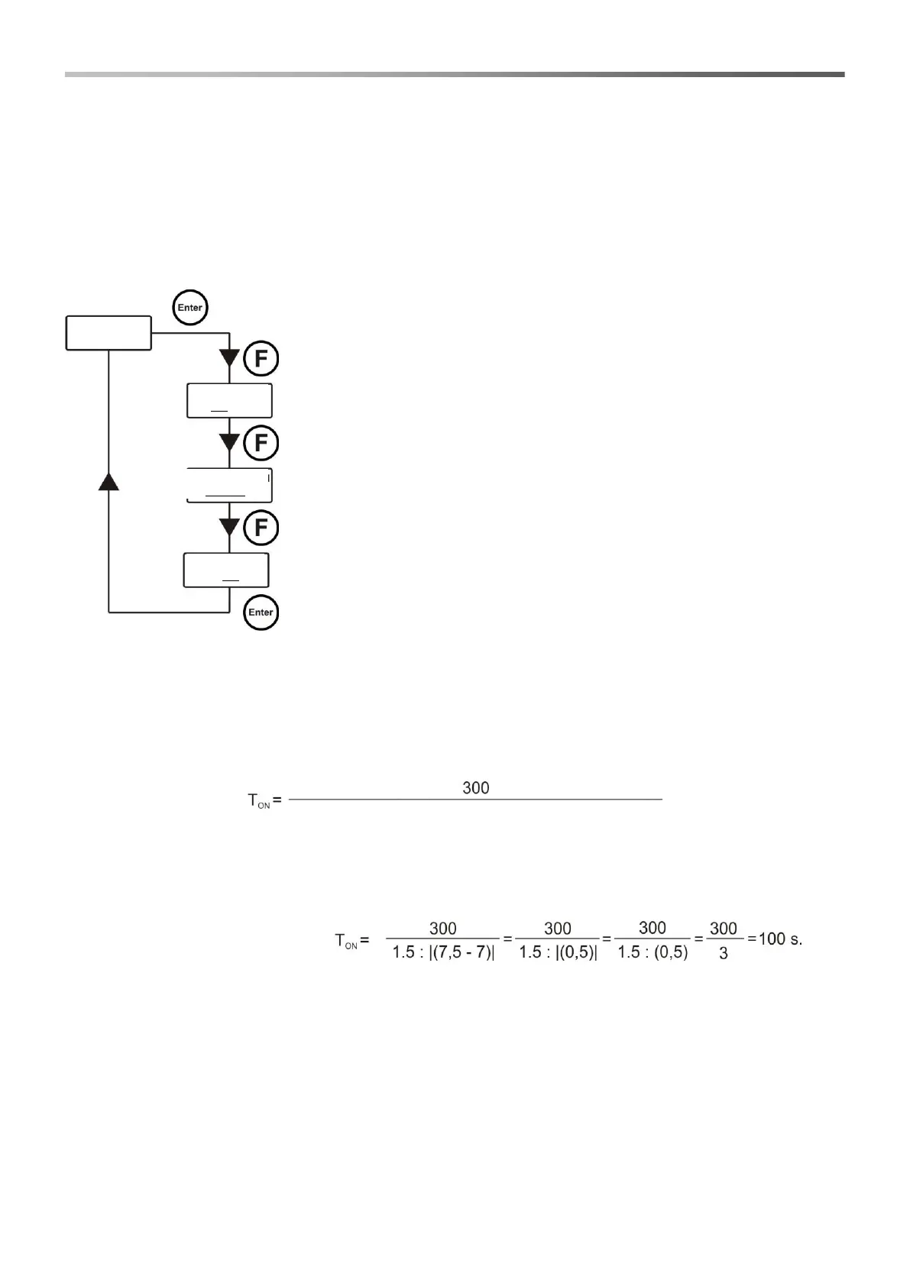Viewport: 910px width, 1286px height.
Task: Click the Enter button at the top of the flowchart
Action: click(190, 308)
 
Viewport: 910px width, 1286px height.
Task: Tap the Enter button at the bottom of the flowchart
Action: click(261, 612)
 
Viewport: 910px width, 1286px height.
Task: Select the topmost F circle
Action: click(261, 359)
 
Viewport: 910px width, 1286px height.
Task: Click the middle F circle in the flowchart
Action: click(261, 444)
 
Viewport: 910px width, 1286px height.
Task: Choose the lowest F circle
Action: click(261, 528)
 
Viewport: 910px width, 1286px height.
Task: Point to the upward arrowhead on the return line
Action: click(109, 480)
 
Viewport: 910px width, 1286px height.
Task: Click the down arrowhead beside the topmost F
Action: click(229, 357)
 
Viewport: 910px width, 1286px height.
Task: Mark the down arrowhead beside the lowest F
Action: click(229, 527)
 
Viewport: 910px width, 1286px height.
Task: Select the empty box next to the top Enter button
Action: click(108, 332)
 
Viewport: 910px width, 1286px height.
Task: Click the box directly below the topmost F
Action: click(229, 401)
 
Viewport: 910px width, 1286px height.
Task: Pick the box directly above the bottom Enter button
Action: click(226, 570)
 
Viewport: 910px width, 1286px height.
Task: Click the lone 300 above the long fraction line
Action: click(475, 787)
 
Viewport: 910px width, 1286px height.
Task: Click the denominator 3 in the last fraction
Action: click(724, 954)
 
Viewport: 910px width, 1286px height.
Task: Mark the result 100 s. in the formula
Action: click(780, 939)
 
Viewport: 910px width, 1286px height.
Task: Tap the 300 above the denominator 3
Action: click(724, 928)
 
